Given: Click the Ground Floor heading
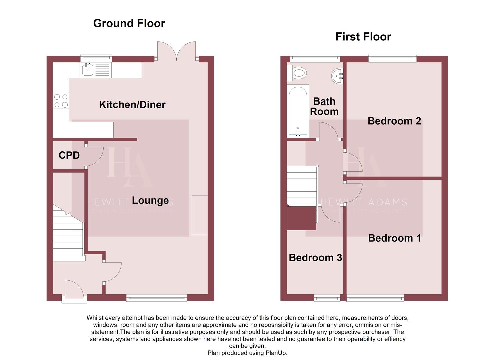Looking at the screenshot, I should pyautogui.click(x=129, y=23).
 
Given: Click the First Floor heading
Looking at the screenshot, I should pyautogui.click(x=363, y=37).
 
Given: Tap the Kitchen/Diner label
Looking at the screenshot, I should pyautogui.click(x=132, y=105).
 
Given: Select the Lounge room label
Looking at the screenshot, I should pyautogui.click(x=150, y=200).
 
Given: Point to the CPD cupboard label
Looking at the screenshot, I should pyautogui.click(x=69, y=155).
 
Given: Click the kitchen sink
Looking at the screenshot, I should pyautogui.click(x=88, y=70).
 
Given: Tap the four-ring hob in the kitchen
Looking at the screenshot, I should pyautogui.click(x=61, y=101).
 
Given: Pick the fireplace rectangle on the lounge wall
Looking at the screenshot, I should pyautogui.click(x=200, y=215).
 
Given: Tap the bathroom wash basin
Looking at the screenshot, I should pyautogui.click(x=338, y=76).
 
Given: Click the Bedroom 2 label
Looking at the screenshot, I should pyautogui.click(x=394, y=121).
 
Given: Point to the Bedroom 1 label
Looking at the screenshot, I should pyautogui.click(x=394, y=238).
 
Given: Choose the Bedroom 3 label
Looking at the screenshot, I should pyautogui.click(x=315, y=258).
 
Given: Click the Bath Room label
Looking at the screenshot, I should pyautogui.click(x=324, y=106).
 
